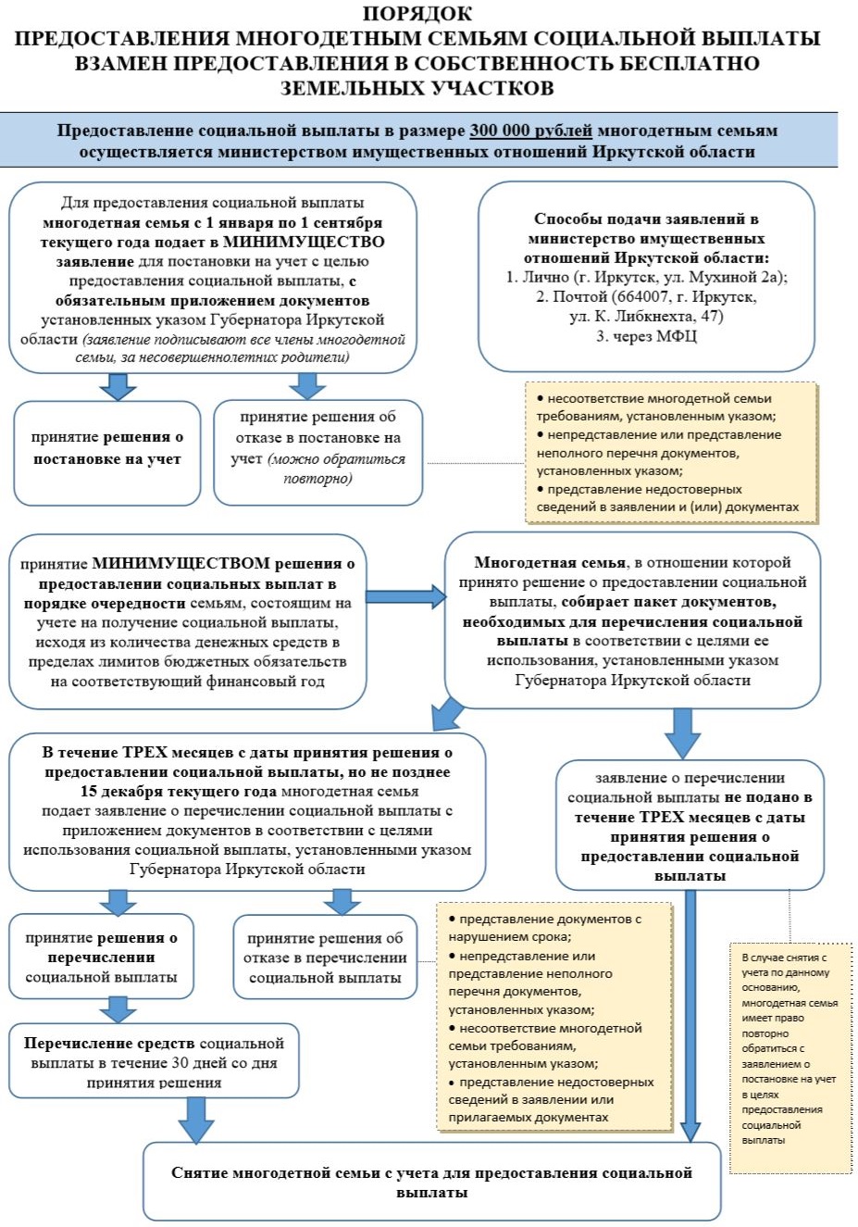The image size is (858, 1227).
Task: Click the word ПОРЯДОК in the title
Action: [417, 13]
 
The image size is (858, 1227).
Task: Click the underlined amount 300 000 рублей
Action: [530, 131]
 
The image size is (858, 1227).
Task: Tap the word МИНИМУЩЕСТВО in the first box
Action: [304, 242]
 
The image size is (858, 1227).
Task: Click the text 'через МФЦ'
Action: [654, 336]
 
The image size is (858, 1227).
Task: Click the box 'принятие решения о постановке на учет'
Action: [106, 453]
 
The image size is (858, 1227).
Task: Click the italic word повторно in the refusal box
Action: [317, 478]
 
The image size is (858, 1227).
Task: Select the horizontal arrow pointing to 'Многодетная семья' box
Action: [405, 596]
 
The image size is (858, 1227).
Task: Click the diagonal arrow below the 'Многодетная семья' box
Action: [447, 713]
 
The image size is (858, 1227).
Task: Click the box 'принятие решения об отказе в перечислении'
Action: [325, 957]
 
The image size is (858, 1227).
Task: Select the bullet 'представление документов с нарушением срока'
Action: [544, 928]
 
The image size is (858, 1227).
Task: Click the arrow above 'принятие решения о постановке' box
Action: [118, 387]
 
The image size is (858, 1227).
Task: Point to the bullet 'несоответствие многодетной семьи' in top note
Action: [656, 407]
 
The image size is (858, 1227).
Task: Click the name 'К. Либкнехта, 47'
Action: [646, 317]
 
